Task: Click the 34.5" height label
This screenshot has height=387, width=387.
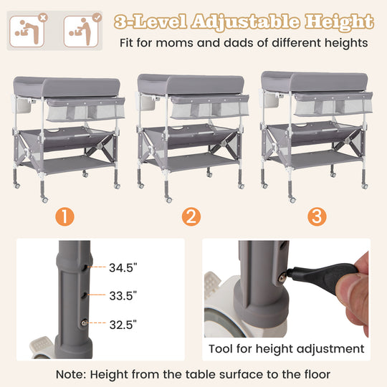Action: tap(123, 269)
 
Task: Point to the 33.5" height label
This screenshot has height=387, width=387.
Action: tap(123, 295)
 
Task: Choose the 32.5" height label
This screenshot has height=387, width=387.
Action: tap(123, 324)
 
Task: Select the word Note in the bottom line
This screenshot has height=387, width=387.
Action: tap(72, 374)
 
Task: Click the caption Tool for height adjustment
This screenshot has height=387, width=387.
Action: tap(286, 349)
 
